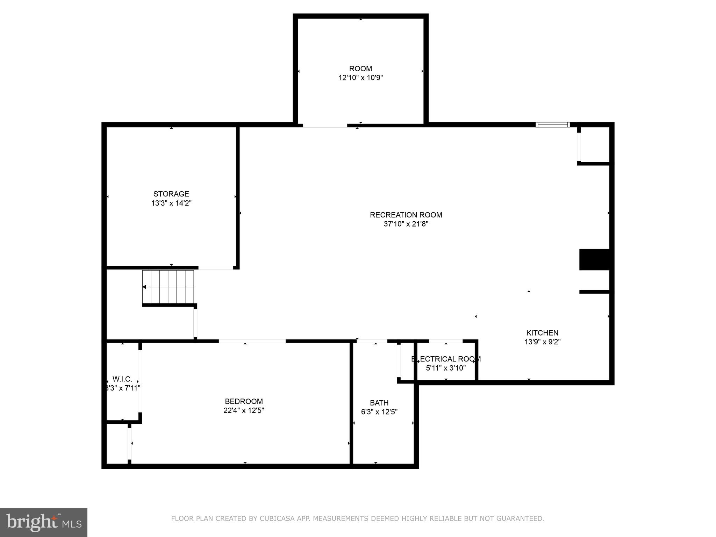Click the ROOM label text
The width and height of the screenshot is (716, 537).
[360, 69]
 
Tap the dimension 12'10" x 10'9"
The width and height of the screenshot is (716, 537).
[360, 78]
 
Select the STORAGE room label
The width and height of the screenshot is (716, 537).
[171, 194]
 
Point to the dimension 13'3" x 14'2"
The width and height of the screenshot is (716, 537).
[171, 203]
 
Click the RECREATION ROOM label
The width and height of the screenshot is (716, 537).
[406, 215]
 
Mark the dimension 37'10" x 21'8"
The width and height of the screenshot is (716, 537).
[406, 224]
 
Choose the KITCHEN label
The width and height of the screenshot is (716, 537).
[542, 333]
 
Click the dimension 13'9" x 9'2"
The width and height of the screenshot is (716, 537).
[542, 342]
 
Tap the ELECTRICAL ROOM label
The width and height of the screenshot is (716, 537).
[446, 359]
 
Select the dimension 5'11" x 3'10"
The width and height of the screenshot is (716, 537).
[446, 368]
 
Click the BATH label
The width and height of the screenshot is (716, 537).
[379, 403]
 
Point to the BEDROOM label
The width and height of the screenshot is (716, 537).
[244, 401]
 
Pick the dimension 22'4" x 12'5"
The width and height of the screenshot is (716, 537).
[244, 410]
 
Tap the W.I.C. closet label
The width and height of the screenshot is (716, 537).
[122, 379]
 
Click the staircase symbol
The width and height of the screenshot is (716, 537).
[168, 287]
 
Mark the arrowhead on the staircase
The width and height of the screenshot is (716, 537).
[144, 287]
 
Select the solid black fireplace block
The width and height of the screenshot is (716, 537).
[594, 259]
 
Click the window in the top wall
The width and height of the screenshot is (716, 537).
[552, 124]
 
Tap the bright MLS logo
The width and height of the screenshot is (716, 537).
[43, 522]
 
